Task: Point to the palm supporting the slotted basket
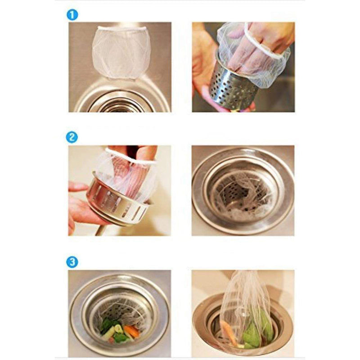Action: [85, 211]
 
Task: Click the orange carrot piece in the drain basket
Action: [131, 330]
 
